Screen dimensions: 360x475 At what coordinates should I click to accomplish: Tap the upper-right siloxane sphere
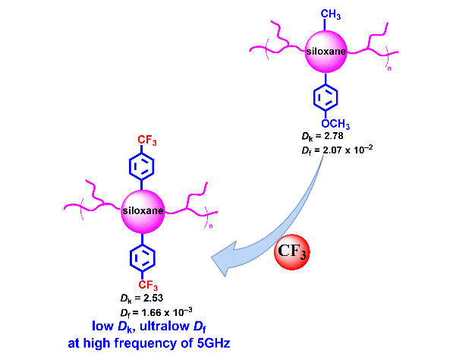coord(327,52)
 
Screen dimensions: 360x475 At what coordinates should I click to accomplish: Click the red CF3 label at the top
coord(146,140)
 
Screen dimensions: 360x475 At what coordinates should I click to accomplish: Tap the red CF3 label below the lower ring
coord(146,285)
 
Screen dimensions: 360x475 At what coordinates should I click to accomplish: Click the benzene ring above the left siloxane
coord(144,165)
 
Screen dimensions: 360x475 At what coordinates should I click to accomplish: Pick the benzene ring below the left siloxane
coord(144,257)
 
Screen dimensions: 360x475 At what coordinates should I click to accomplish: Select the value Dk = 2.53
coord(141,298)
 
